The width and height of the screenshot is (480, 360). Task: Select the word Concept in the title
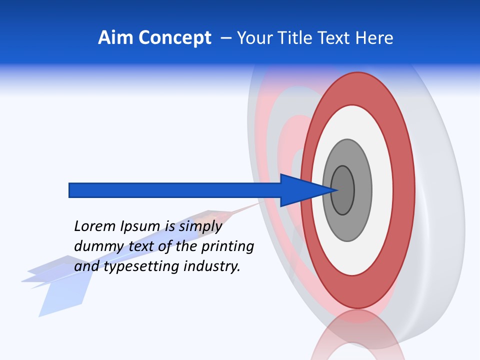175,38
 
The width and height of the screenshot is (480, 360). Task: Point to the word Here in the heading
374,38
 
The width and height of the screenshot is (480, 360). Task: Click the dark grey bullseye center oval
342,190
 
